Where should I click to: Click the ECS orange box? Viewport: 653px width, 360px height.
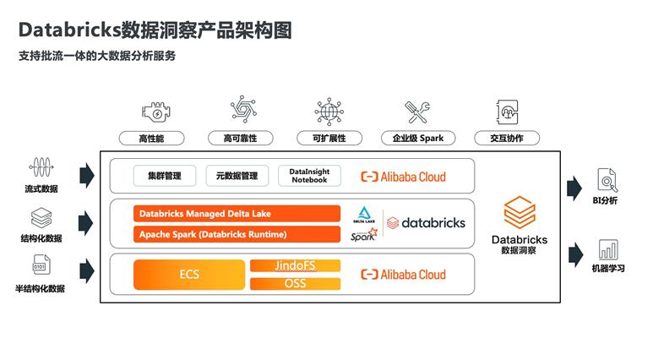click(x=189, y=274)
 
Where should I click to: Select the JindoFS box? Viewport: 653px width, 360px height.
click(x=296, y=265)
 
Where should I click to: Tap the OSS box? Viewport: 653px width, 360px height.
click(x=296, y=284)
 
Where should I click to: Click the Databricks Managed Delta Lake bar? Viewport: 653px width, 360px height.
click(x=237, y=214)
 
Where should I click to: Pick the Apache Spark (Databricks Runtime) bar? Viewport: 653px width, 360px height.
click(x=237, y=234)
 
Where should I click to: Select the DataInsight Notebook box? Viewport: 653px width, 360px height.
click(x=309, y=176)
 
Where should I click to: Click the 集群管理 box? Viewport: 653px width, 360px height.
click(x=165, y=176)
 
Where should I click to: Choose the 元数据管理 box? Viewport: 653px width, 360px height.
click(x=237, y=176)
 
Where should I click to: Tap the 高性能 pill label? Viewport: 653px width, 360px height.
click(x=151, y=139)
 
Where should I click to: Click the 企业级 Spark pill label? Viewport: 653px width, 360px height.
click(x=418, y=139)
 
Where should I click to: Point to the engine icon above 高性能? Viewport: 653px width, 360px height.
click(x=155, y=112)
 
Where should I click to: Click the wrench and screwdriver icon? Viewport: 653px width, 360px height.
click(x=416, y=112)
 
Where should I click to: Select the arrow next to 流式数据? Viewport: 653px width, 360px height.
click(x=87, y=176)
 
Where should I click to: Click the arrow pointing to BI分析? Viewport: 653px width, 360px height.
click(x=574, y=188)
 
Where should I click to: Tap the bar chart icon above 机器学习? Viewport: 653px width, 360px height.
click(x=608, y=249)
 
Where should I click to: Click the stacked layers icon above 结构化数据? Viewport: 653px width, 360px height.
click(x=41, y=217)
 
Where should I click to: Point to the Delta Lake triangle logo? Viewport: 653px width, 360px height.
click(x=364, y=213)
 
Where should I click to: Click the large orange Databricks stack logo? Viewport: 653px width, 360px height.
click(x=520, y=212)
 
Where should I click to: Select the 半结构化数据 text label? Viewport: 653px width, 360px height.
click(x=40, y=288)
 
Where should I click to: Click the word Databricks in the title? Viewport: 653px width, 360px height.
click(x=69, y=30)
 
